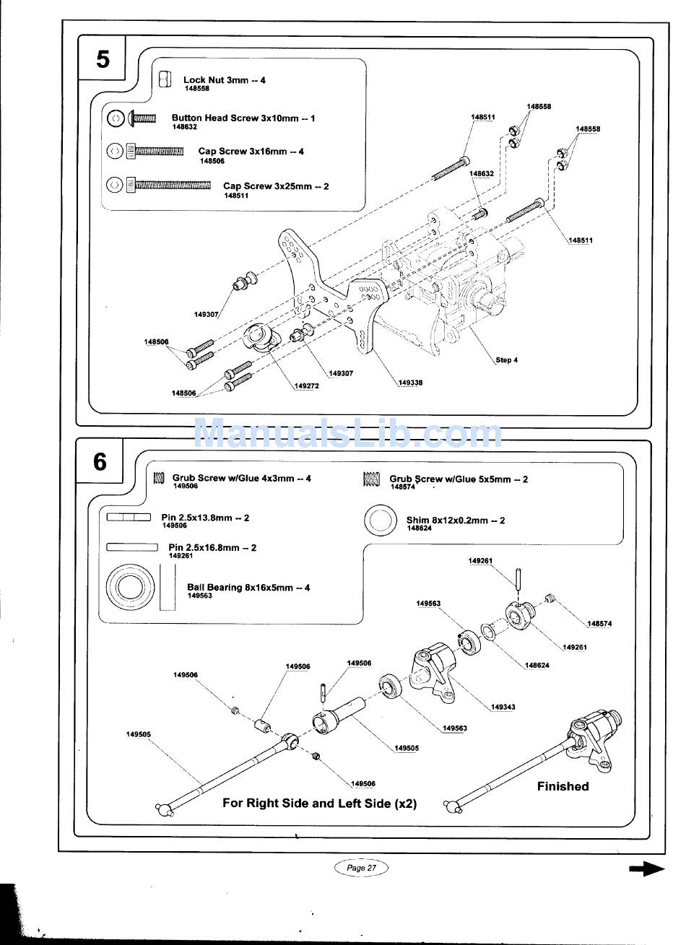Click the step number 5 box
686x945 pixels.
tap(102, 58)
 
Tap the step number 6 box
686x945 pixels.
tap(100, 461)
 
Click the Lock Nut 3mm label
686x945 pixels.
tap(225, 79)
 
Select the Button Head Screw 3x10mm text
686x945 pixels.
tap(243, 118)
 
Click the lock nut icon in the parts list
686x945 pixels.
tap(165, 79)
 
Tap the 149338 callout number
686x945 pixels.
tap(410, 383)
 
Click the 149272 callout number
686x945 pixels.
tap(307, 386)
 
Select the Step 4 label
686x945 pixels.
tap(507, 360)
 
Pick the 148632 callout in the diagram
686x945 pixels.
tap(482, 173)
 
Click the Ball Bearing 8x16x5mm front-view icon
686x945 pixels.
tap(131, 586)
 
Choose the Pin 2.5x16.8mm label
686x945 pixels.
tap(212, 548)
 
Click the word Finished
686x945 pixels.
tap(563, 786)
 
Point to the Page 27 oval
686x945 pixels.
tap(361, 867)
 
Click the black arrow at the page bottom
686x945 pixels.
tap(646, 868)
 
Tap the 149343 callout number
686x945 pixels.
tap(503, 707)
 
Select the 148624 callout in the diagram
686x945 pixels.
tap(537, 666)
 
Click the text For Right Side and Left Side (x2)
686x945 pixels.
tap(319, 804)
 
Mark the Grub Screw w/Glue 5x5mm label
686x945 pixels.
tap(459, 479)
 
